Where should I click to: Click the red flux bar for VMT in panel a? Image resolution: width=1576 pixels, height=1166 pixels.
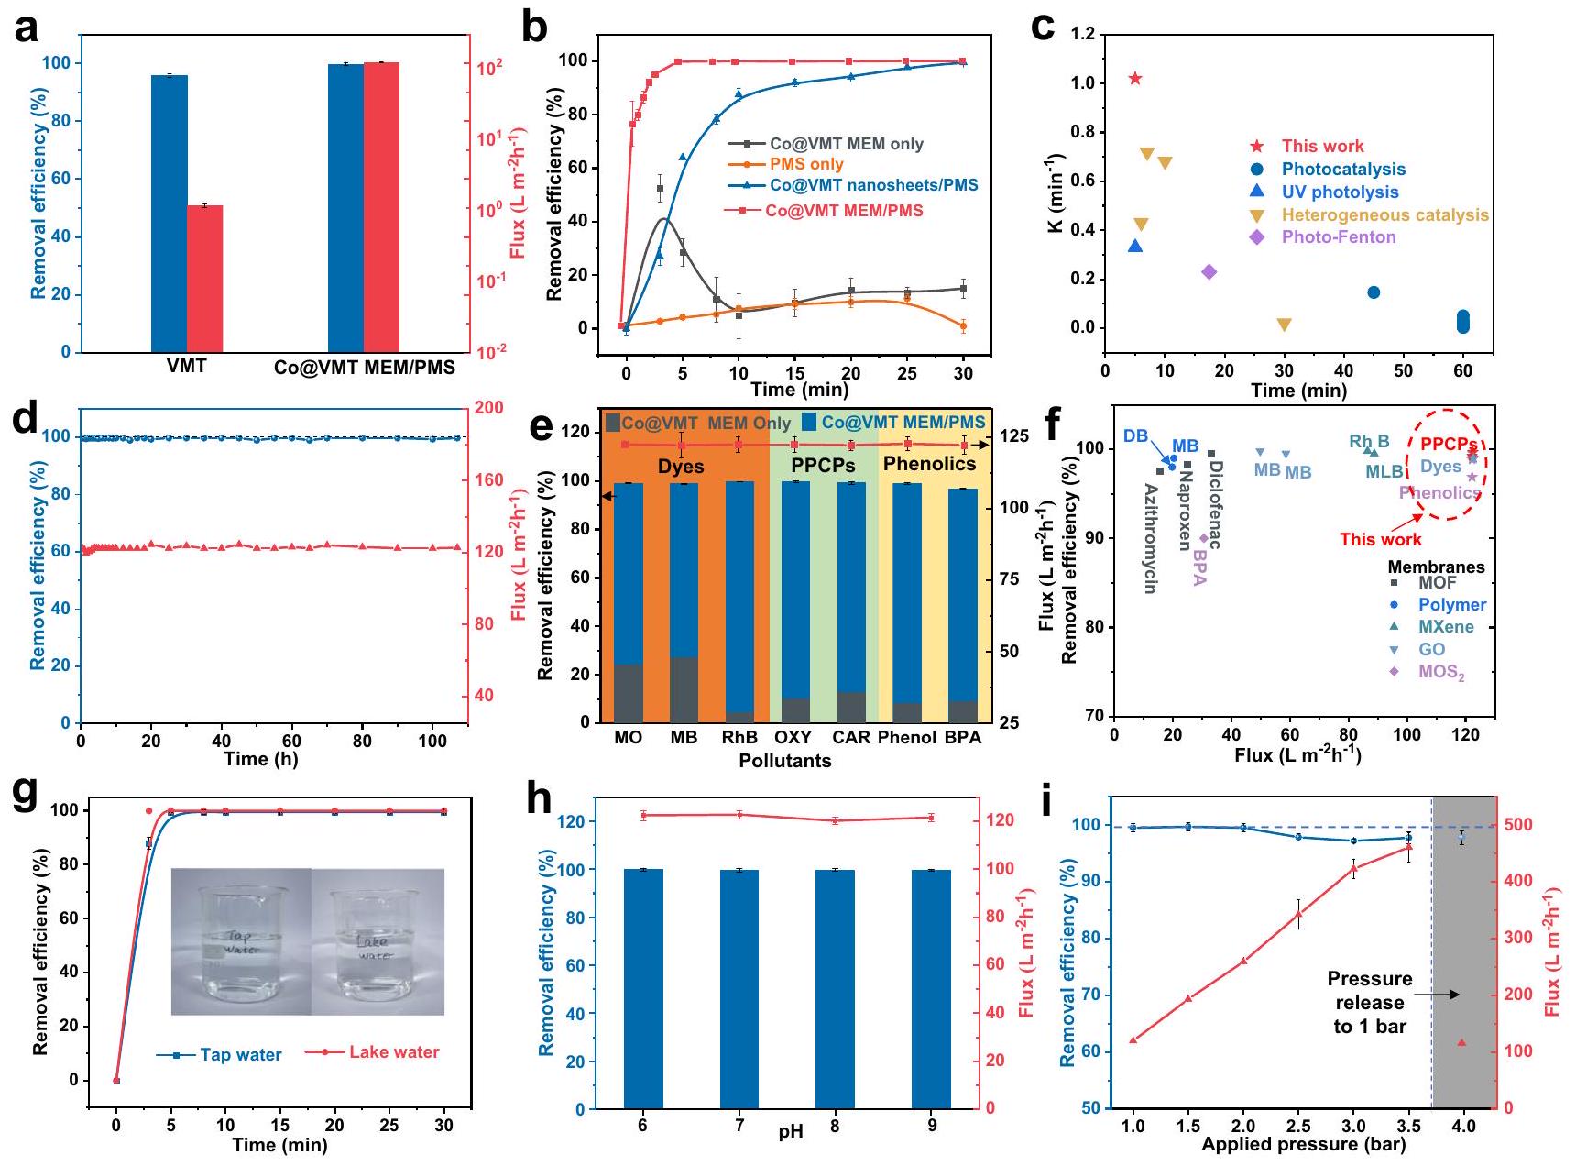(205, 279)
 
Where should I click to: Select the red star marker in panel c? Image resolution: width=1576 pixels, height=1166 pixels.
(1135, 79)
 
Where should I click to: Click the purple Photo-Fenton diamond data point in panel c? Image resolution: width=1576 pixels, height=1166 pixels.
(1209, 271)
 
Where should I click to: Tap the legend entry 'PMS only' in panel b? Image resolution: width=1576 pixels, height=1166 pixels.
(806, 164)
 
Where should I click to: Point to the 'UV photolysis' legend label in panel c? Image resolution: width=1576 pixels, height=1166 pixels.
(1340, 192)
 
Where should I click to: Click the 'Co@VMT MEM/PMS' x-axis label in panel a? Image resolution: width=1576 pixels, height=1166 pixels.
(365, 368)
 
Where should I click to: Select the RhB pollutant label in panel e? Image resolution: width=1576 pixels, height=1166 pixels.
(739, 737)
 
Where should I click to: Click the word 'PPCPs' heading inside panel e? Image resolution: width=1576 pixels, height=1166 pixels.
(823, 465)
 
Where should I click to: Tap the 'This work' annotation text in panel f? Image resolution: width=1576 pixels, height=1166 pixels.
(1380, 539)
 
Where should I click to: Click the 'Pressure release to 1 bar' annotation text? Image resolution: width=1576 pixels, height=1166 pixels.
(1370, 1003)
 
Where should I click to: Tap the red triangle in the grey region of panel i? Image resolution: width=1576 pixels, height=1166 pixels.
(1462, 1043)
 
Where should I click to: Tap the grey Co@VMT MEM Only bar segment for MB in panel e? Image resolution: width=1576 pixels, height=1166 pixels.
(684, 689)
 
